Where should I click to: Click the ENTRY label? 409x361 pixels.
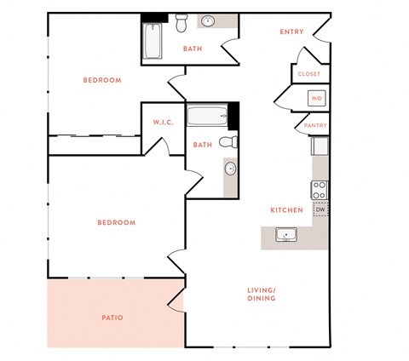(291, 32)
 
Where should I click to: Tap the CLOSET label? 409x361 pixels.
(309, 74)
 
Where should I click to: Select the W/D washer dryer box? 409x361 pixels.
(316, 98)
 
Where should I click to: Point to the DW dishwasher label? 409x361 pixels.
(320, 209)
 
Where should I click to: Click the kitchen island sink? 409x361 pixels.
(285, 234)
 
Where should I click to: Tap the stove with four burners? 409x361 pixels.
(320, 190)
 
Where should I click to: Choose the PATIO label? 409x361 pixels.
(112, 318)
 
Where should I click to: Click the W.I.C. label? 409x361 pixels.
(164, 123)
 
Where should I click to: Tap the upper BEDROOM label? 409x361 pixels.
(101, 80)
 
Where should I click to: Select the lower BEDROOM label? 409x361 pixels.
(116, 223)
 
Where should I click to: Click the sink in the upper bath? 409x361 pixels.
(208, 21)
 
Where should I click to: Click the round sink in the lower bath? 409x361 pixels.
(230, 169)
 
